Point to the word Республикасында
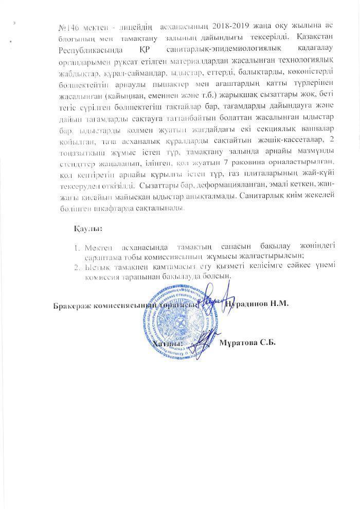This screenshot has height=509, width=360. click(x=84, y=48)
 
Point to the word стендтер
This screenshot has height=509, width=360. click(x=70, y=162)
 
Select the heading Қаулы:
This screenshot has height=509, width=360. click(x=85, y=227)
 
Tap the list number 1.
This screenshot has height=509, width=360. click(x=77, y=245)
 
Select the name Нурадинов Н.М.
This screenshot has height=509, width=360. click(x=257, y=304)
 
